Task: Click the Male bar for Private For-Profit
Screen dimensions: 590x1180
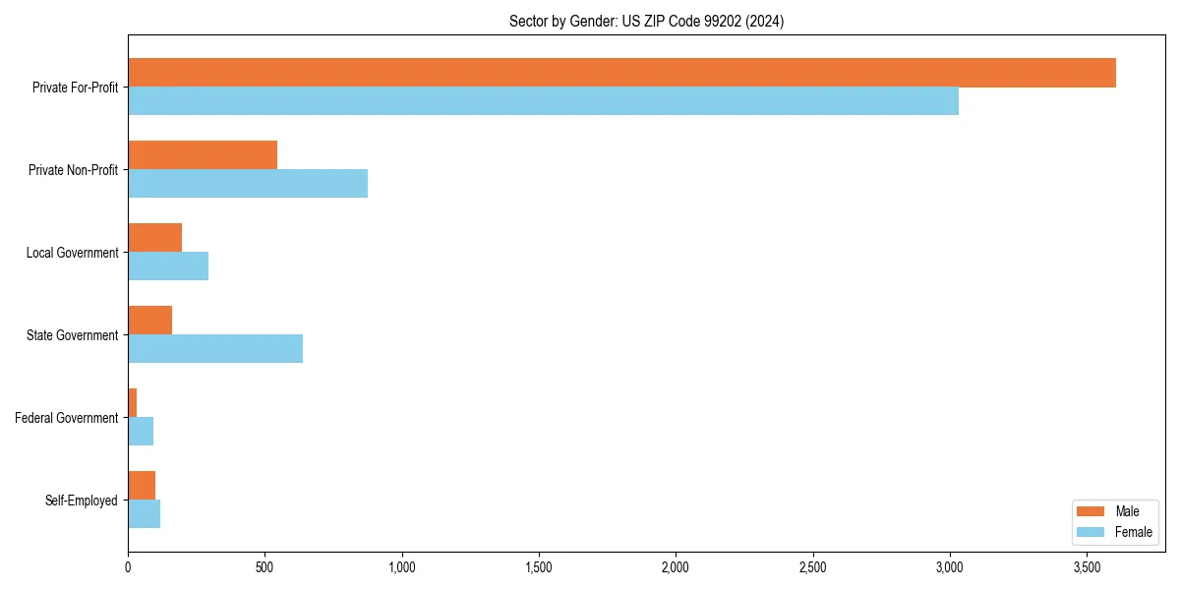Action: [621, 73]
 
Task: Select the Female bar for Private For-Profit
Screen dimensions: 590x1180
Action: [543, 101]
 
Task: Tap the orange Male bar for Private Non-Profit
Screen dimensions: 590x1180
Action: [203, 155]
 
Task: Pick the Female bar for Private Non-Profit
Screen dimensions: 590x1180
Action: [248, 184]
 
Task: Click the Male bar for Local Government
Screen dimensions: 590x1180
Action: [155, 238]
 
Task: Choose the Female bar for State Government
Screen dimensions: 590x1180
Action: [215, 349]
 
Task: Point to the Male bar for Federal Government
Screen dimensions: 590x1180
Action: [133, 403]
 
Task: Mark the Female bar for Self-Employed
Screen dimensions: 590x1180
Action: [144, 514]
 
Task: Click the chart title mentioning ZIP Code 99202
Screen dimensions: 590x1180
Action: [646, 21]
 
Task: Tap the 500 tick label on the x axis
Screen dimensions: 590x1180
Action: [265, 567]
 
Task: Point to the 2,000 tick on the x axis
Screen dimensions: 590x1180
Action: [676, 567]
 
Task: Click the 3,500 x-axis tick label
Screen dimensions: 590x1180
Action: [1087, 567]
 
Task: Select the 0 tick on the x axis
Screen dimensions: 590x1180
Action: [128, 567]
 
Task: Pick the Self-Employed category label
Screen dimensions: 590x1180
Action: [82, 501]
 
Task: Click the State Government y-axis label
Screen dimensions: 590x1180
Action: [73, 335]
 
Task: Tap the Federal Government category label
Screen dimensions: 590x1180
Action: [67, 418]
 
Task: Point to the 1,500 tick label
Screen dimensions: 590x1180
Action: [539, 567]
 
